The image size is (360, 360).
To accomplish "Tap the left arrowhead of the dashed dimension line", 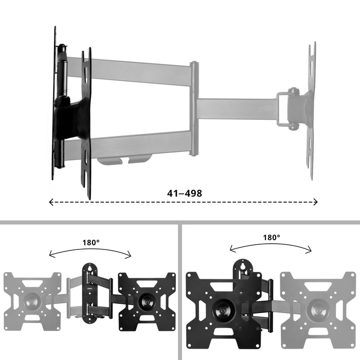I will tap(51, 203).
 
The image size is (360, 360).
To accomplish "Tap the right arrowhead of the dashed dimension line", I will tap(316, 203).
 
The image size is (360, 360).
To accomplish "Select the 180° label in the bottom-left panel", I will tap(91, 242).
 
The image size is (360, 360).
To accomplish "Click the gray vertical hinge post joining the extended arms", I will tap(193, 109).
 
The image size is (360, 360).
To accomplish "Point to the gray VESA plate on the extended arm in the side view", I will tap(311, 111).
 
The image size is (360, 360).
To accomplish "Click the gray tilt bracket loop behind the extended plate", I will tap(283, 109).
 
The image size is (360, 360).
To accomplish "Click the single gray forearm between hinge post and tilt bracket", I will tap(237, 109).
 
